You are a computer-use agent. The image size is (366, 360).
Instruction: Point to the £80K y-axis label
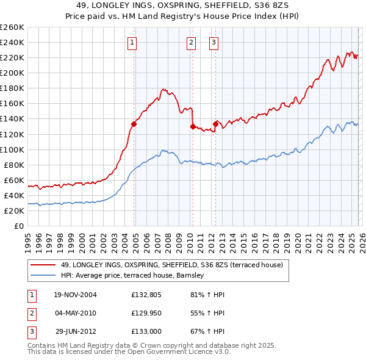[x=13, y=165]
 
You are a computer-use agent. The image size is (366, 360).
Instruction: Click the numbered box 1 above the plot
[x=132, y=42]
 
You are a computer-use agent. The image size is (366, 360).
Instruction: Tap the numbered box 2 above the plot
[x=192, y=42]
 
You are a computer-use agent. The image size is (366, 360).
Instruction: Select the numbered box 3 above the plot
[x=215, y=42]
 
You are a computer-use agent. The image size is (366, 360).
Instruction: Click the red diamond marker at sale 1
[x=134, y=124]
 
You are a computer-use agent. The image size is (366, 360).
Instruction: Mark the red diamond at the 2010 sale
[x=193, y=126]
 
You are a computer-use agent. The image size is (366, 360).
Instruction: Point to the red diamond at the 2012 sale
[x=215, y=124]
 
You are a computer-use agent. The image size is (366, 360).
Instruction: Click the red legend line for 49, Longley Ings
[x=43, y=265]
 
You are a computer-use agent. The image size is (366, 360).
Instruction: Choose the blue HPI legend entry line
[x=43, y=276]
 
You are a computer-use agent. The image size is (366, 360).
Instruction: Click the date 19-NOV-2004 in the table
[x=76, y=295]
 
